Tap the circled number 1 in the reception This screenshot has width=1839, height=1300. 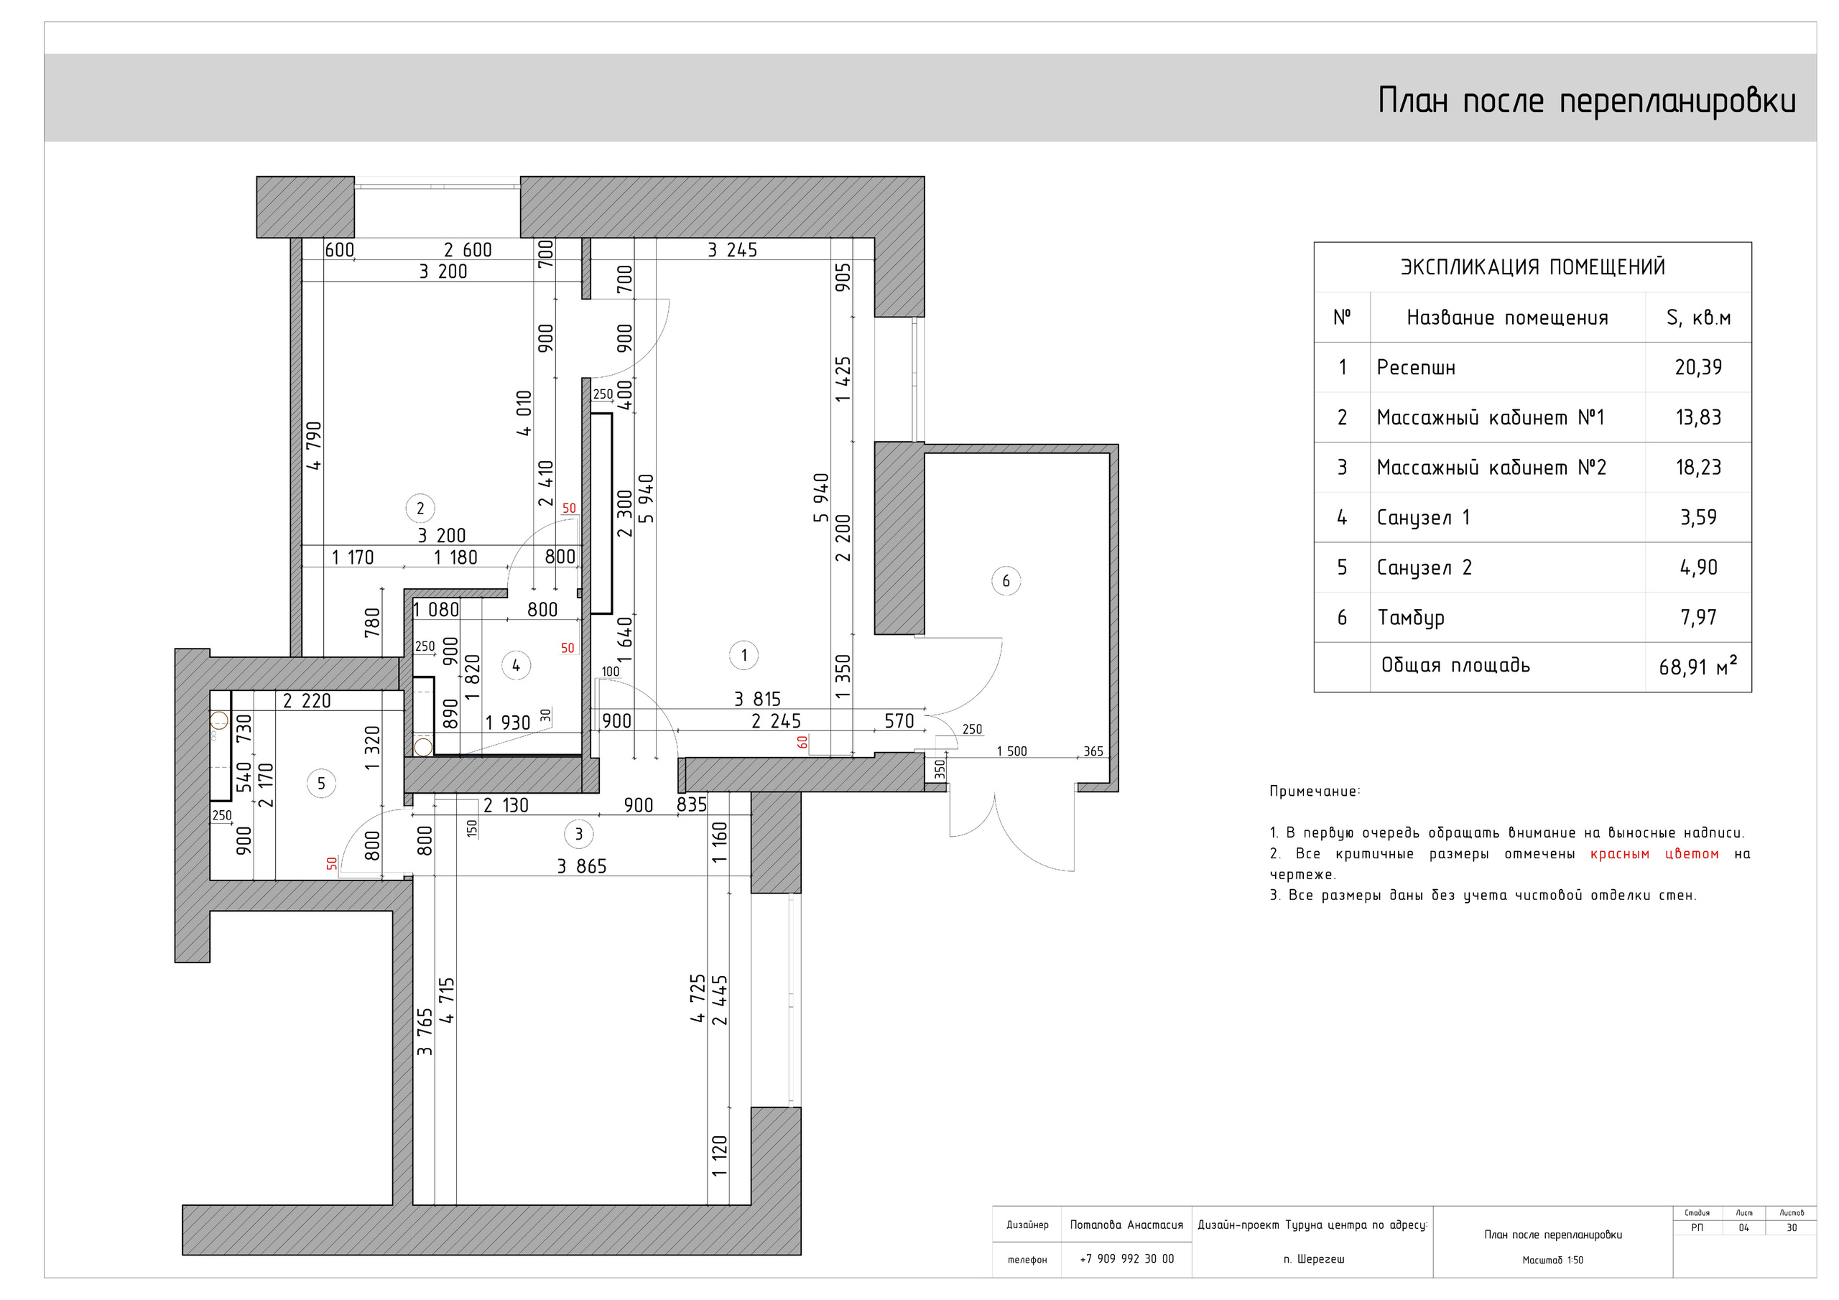pyautogui.click(x=744, y=655)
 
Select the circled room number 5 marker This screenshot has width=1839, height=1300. pyautogui.click(x=321, y=784)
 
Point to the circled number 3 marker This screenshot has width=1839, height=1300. pyautogui.click(x=579, y=834)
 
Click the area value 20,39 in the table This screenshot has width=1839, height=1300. pyautogui.click(x=1698, y=367)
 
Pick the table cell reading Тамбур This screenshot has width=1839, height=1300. pyautogui.click(x=1412, y=618)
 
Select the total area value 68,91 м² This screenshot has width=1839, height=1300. pyautogui.click(x=1698, y=666)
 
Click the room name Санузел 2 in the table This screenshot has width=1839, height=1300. pyautogui.click(x=1424, y=567)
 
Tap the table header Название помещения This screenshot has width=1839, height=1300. pyautogui.click(x=1507, y=318)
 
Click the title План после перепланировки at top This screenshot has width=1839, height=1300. pyautogui.click(x=1587, y=101)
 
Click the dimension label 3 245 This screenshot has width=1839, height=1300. pyautogui.click(x=732, y=250)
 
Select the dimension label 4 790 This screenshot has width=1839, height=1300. pyautogui.click(x=314, y=445)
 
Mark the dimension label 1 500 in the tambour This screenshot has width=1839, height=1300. pyautogui.click(x=1011, y=751)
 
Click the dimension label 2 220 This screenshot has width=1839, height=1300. pyautogui.click(x=307, y=701)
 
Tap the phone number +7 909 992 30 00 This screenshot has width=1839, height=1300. pyautogui.click(x=1127, y=1259)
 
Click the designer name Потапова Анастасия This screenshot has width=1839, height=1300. pyautogui.click(x=1126, y=1225)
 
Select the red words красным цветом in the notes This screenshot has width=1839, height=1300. pyautogui.click(x=1655, y=854)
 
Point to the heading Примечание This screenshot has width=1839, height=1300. pyautogui.click(x=1315, y=791)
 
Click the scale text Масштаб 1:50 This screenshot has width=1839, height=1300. pyautogui.click(x=1552, y=1260)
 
